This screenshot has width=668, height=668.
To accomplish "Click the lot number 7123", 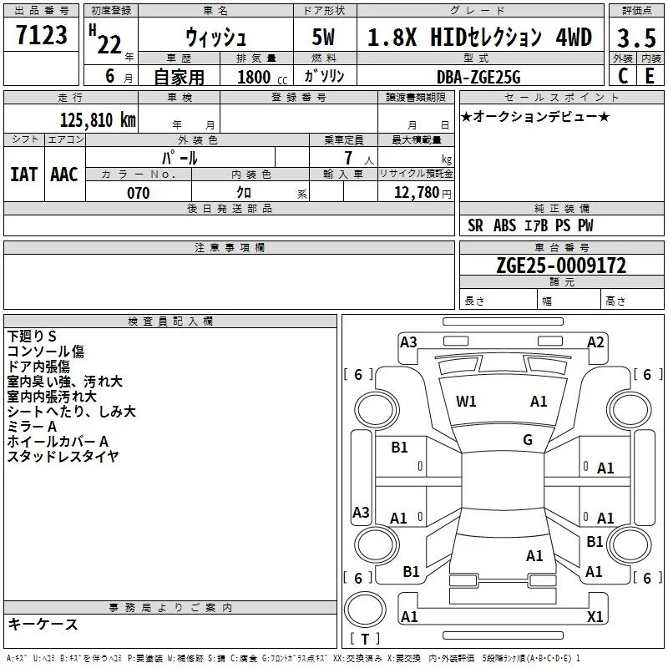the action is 41,34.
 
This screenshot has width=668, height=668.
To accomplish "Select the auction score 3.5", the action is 636,38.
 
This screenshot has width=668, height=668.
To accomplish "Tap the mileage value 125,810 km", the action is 98,120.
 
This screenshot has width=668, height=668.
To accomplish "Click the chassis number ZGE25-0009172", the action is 561,266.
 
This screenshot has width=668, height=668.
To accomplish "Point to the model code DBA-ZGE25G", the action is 478,77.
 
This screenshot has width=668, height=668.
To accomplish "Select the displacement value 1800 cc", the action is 262,77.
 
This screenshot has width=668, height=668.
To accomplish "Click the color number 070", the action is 138,193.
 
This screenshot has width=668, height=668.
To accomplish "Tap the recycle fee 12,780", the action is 417,193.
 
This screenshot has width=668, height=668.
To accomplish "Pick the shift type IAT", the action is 24,175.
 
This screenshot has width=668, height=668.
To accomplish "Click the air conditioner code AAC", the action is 64,175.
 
